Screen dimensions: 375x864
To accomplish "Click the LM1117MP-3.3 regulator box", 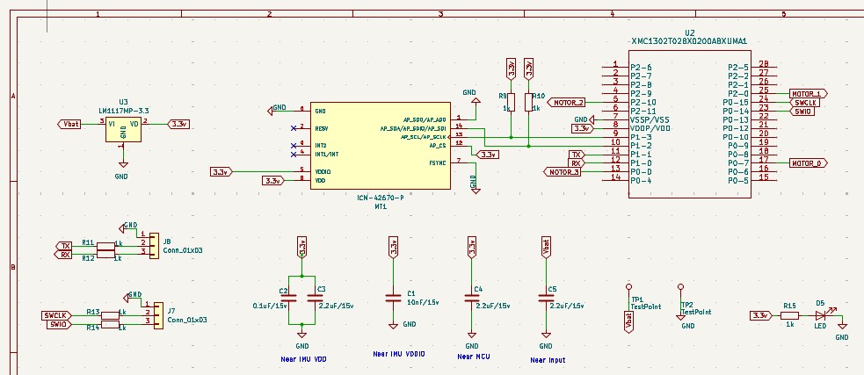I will pos(123,128).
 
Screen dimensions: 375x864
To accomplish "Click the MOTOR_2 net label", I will pos(568,102).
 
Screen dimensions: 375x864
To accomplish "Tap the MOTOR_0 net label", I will pos(807,162).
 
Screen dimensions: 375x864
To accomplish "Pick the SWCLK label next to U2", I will pos(805,102).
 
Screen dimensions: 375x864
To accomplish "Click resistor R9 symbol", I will pos(511,102).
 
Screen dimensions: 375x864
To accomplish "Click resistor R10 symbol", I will pos(528,102).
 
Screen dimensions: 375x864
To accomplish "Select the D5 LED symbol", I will pos(821,315).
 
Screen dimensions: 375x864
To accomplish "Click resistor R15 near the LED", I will pos(789,315).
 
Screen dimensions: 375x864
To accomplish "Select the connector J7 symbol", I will pos(157,314).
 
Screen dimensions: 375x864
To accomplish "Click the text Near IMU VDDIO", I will pos(399,353).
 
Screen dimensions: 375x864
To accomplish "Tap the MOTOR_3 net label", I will pos(563,171).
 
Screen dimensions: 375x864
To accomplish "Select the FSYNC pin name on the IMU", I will pos(437,162).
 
